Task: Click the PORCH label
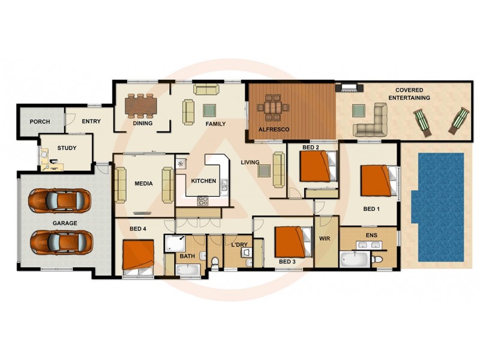(x=40, y=122)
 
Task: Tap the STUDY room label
(x=67, y=148)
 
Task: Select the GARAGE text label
(x=64, y=223)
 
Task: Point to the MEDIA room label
(x=143, y=184)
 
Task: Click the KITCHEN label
(x=203, y=181)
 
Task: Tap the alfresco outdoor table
(x=273, y=109)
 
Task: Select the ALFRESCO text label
(x=274, y=129)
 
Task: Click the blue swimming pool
(x=439, y=206)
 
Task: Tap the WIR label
(x=325, y=239)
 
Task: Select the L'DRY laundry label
(x=239, y=245)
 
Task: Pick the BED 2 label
(x=310, y=147)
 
